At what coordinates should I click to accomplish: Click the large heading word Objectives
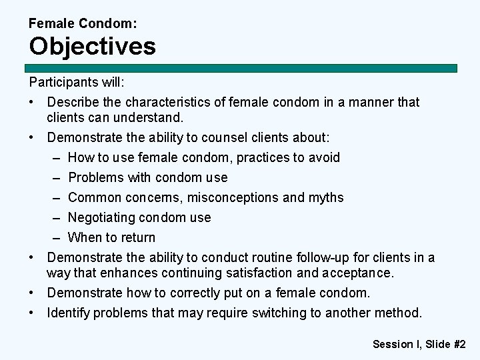(x=92, y=47)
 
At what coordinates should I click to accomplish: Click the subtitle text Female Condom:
(x=83, y=23)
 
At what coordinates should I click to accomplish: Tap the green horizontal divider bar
(x=241, y=68)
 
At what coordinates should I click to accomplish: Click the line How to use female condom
(x=203, y=157)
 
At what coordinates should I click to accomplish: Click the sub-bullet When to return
(x=111, y=237)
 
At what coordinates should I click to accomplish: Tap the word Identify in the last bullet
(x=68, y=313)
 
